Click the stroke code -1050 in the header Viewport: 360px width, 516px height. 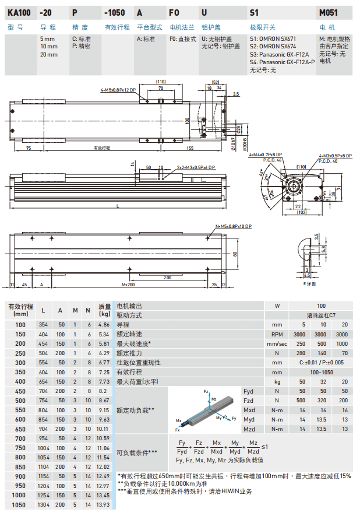[114, 11]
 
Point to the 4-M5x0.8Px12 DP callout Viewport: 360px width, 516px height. [118, 90]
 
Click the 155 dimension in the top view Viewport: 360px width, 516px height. [190, 148]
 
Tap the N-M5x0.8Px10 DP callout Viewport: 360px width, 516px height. [234, 226]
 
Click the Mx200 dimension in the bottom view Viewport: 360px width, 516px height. [128, 285]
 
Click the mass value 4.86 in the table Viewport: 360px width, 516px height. [104, 324]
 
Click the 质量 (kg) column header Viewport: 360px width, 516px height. [104, 310]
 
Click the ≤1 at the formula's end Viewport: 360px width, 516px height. [265, 447]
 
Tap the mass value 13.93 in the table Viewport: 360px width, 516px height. [104, 504]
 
